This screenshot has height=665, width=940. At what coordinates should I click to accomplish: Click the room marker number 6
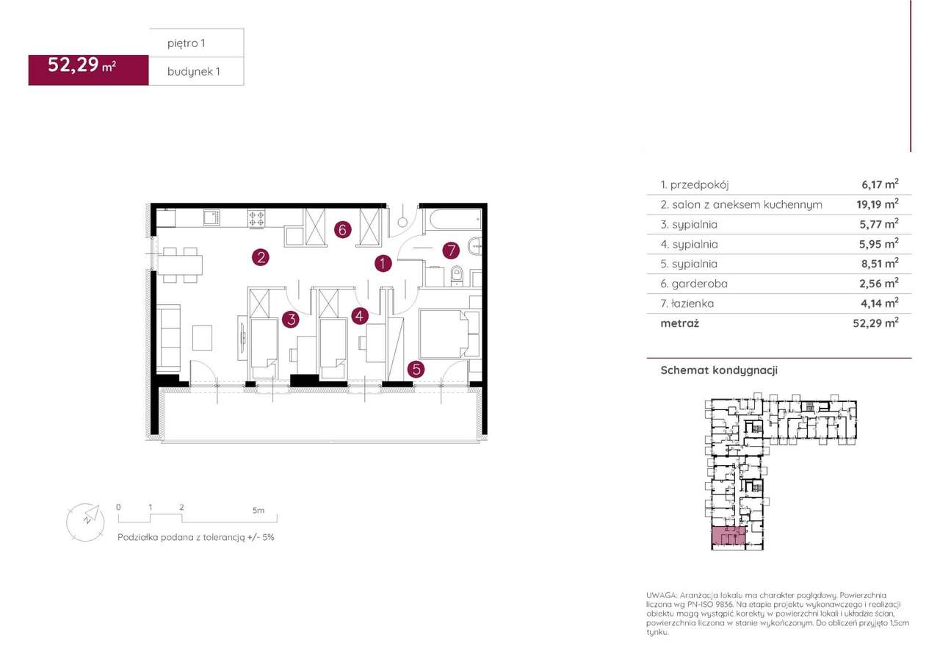[x=342, y=230]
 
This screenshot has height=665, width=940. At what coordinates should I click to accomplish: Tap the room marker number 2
[x=261, y=257]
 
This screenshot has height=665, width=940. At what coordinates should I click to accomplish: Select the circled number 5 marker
[x=416, y=369]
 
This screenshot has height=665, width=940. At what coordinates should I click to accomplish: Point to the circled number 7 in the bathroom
[x=451, y=251]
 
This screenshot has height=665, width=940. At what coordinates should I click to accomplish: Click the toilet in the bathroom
[x=457, y=276]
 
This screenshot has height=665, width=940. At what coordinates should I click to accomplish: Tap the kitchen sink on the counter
[x=212, y=217]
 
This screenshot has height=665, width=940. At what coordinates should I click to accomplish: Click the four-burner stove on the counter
[x=256, y=219]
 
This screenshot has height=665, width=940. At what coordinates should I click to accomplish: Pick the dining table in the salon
[x=180, y=265]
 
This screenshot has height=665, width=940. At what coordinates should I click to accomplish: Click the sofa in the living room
[x=169, y=338]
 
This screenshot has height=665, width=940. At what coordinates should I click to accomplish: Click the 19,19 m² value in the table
[x=878, y=204]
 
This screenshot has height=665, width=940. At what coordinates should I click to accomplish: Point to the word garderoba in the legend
[x=700, y=284]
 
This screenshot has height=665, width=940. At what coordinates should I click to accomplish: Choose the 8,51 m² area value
[x=879, y=263]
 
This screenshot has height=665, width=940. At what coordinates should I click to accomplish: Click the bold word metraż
[x=679, y=323]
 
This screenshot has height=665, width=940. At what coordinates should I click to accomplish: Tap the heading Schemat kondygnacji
[x=719, y=370]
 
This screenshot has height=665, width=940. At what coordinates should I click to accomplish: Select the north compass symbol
[x=86, y=522]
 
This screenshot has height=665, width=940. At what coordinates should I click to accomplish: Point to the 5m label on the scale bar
[x=258, y=511]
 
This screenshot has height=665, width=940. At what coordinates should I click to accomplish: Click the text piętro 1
[x=187, y=43]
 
